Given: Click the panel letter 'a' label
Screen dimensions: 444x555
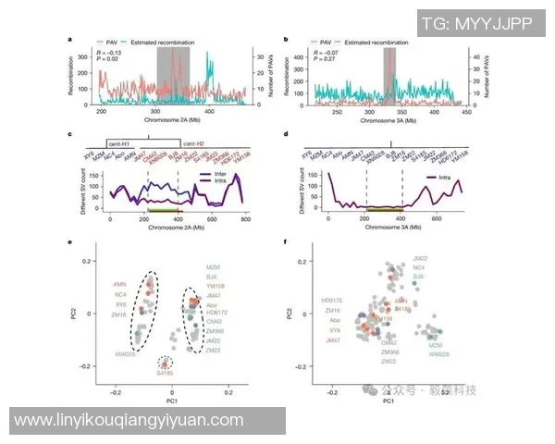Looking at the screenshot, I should pyautogui.click(x=70, y=40).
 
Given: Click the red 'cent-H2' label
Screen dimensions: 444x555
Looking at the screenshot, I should pyautogui.click(x=194, y=144).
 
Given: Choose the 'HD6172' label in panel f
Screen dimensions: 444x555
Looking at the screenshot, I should pyautogui.click(x=333, y=300).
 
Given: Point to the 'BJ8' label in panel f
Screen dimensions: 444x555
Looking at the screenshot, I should pyautogui.click(x=418, y=277).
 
